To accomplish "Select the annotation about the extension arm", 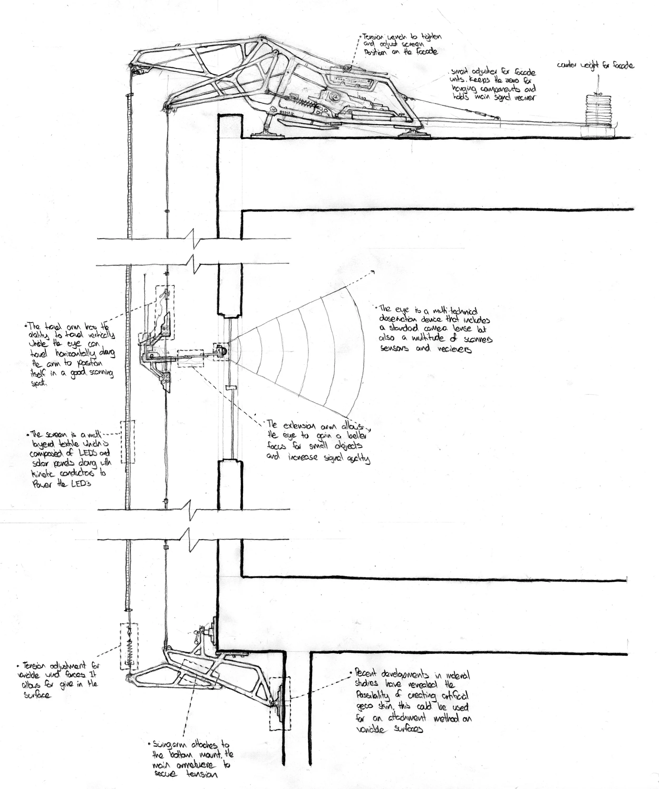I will pyautogui.click(x=318, y=442).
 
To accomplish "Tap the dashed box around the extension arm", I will pyautogui.click(x=190, y=358).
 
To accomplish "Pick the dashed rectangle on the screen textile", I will pyautogui.click(x=128, y=442).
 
